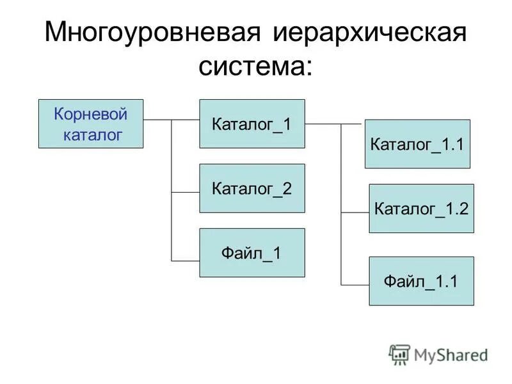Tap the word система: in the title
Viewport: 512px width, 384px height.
pyautogui.click(x=256, y=67)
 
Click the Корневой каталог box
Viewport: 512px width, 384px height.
pyautogui.click(x=91, y=124)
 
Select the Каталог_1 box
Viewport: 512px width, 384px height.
pyautogui.click(x=252, y=124)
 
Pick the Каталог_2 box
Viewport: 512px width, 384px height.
pyautogui.click(x=252, y=188)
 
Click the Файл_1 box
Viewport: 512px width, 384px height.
pyautogui.click(x=252, y=253)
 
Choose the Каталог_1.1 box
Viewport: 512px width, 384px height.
pyautogui.click(x=417, y=144)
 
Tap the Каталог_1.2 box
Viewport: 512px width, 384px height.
pyautogui.click(x=421, y=209)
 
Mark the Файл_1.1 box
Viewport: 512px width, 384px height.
pyautogui.click(x=421, y=281)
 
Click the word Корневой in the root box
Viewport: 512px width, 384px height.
pyautogui.click(x=91, y=115)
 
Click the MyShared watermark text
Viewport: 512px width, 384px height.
pyautogui.click(x=451, y=355)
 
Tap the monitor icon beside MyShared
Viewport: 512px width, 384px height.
pyautogui.click(x=399, y=355)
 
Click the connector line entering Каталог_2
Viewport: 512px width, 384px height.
pyautogui.click(x=186, y=193)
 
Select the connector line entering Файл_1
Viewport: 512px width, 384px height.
pyautogui.click(x=186, y=260)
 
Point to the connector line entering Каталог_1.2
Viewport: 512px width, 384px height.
pyautogui.click(x=355, y=212)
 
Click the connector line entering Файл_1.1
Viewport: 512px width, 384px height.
pyautogui.click(x=355, y=284)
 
